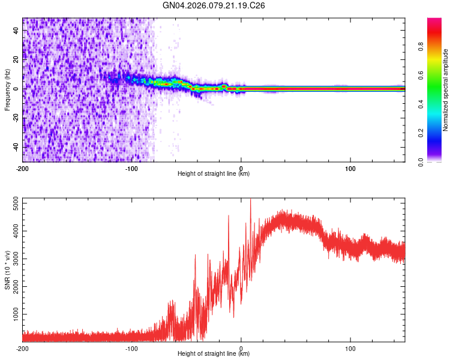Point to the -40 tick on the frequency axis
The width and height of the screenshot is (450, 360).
(16, 147)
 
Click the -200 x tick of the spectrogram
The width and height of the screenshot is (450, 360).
(23, 168)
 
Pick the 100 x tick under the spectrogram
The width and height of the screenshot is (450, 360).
(350, 168)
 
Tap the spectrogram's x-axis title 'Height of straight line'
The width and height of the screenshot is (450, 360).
(214, 174)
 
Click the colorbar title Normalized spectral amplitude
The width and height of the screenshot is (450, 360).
(445, 90)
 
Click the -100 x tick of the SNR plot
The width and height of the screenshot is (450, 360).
(132, 348)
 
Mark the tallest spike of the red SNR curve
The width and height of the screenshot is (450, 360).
(251, 201)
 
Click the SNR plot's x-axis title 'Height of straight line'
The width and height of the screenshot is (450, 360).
(214, 354)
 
